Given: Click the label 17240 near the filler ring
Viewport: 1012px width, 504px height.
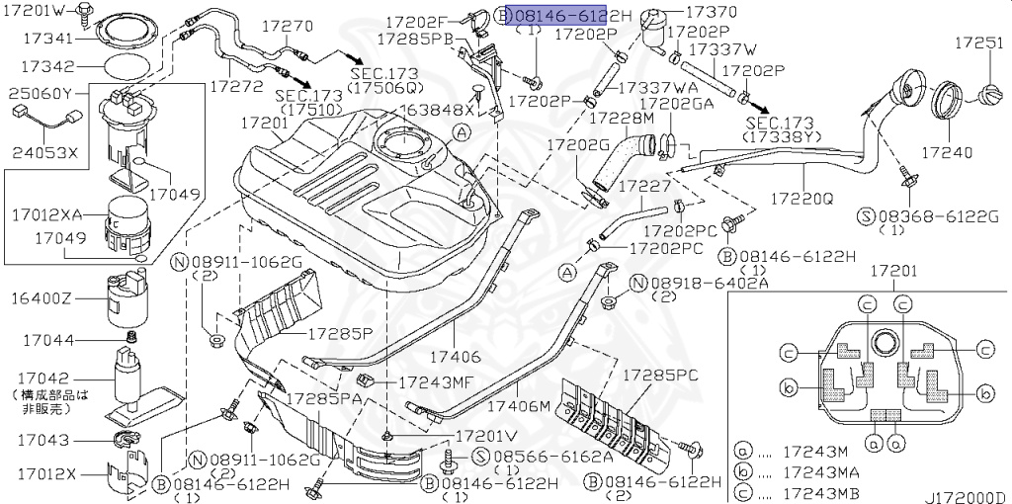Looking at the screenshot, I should point(947,153).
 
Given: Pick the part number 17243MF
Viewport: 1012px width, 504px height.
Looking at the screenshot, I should point(439,380).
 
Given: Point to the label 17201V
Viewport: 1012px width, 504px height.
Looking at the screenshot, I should point(485,435).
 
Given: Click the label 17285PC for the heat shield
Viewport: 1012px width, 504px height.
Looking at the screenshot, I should point(660,376).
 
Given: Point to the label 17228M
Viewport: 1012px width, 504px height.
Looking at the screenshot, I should point(622,118).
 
